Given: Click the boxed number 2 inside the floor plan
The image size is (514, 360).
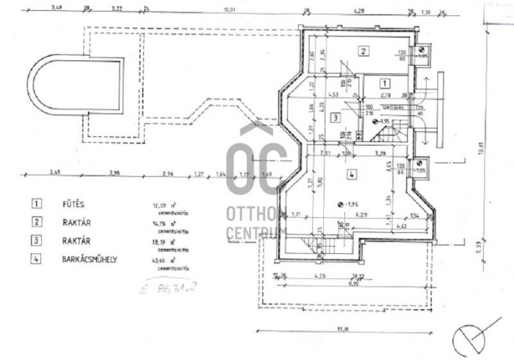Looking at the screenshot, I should click(x=363, y=51).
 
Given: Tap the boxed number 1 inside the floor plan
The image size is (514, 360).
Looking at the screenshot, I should click(x=384, y=83).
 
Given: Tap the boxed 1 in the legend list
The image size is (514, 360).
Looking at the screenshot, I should click(x=36, y=204).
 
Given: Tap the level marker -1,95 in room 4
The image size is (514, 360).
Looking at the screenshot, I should click(x=349, y=204).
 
